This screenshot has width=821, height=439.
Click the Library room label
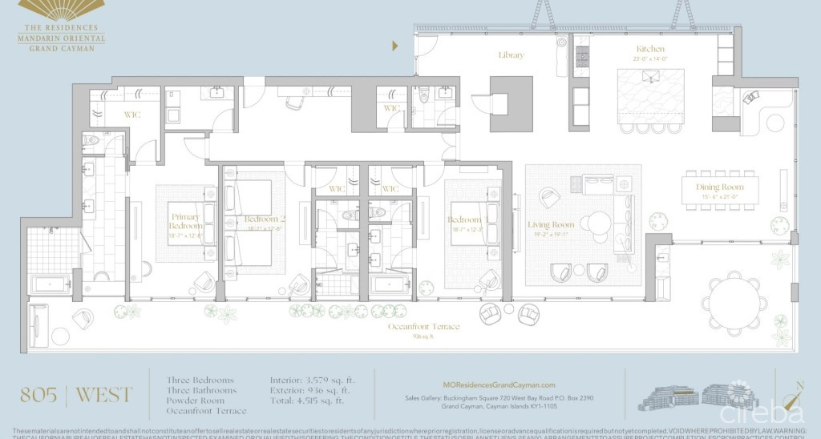(511, 55)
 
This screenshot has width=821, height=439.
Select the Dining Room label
(719, 187)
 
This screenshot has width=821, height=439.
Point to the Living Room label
(551, 225)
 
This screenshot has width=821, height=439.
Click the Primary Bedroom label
(186, 221)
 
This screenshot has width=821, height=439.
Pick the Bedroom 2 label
(260, 219)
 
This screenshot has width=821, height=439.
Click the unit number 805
(38, 394)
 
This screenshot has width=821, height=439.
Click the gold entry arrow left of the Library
(394, 46)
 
